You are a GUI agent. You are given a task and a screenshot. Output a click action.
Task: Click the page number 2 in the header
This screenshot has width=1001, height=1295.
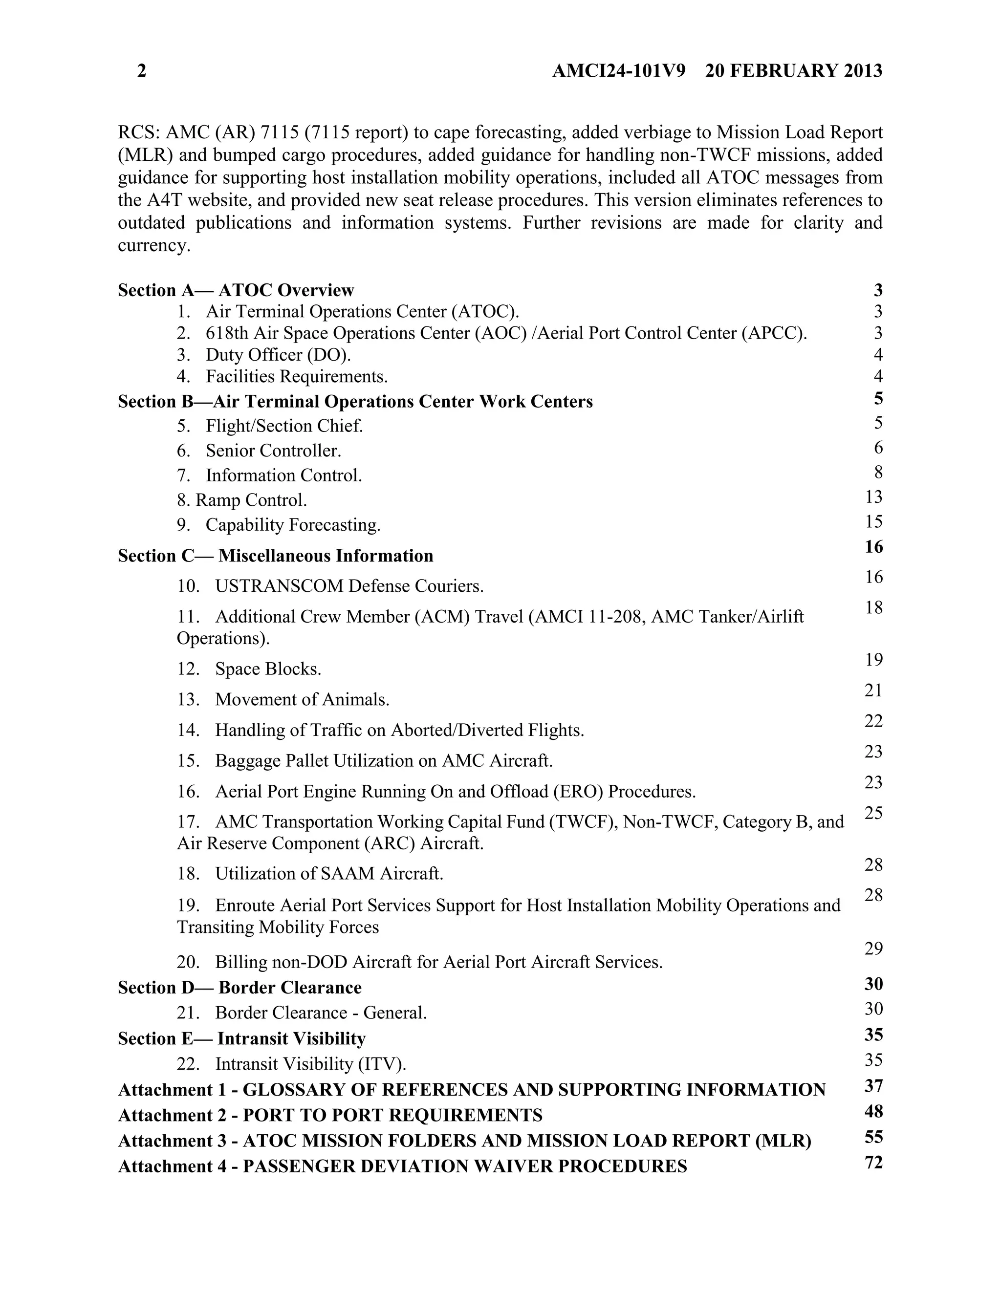142,71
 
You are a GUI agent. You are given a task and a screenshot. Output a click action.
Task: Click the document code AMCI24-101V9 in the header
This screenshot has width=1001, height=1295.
618,71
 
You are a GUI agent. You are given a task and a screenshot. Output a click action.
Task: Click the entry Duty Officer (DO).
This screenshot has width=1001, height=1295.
278,355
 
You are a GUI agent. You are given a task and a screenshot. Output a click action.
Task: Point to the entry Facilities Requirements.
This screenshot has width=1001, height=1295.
297,376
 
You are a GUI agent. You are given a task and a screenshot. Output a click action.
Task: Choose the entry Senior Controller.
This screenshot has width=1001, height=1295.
273,451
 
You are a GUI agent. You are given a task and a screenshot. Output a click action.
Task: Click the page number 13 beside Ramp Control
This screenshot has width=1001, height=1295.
873,497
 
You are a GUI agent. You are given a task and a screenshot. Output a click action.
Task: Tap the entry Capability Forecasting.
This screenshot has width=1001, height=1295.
293,525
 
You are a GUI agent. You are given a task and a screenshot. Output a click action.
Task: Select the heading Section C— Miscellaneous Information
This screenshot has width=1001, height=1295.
275,556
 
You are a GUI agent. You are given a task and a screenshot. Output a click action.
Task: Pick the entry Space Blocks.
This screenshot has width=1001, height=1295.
268,669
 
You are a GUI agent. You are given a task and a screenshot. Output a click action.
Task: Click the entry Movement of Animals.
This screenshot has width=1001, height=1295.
302,699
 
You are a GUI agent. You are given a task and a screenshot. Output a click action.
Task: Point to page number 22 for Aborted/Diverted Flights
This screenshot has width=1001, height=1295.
873,721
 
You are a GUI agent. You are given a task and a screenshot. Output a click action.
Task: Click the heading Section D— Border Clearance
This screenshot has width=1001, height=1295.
239,987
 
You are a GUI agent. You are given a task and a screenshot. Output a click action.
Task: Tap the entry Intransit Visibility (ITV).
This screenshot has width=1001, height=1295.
310,1064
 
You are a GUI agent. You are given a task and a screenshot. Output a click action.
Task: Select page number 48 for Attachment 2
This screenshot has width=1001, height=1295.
873,1111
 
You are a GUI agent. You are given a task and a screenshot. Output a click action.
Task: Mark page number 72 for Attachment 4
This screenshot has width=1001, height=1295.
873,1162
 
